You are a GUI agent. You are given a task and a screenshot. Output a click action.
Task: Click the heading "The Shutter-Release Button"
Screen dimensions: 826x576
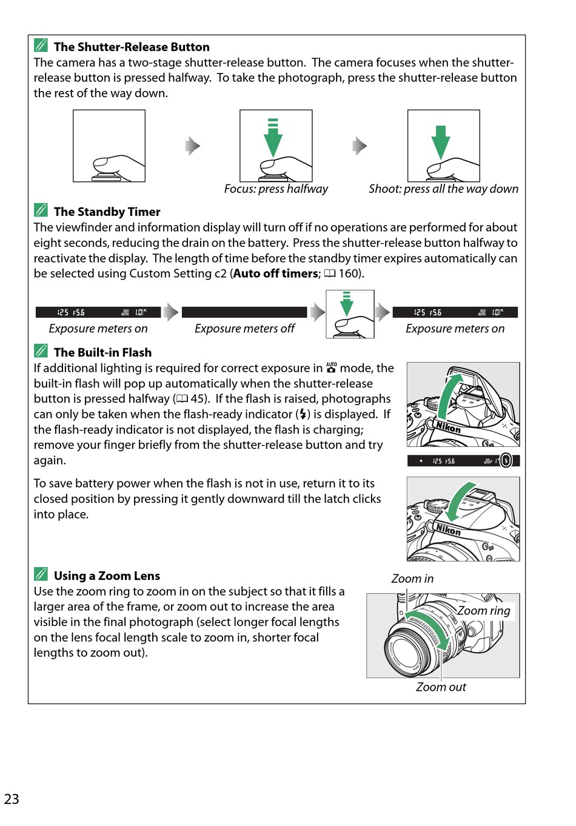132,47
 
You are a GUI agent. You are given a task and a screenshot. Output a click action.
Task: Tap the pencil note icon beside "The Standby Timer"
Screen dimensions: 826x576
41,210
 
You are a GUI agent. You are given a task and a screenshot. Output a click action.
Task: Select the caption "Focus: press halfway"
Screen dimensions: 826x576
276,189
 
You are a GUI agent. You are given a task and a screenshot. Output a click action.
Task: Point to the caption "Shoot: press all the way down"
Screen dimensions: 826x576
443,189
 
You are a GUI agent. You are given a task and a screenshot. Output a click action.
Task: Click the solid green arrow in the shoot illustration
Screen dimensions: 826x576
441,141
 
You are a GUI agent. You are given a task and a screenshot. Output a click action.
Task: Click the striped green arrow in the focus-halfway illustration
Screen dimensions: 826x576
273,138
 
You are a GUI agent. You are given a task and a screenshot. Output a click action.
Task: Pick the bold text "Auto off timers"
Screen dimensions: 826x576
276,274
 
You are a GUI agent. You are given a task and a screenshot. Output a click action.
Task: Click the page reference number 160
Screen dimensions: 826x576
349,274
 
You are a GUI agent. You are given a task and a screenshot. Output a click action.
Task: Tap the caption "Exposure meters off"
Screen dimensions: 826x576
244,328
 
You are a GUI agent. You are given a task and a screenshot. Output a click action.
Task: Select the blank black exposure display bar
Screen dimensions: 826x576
244,312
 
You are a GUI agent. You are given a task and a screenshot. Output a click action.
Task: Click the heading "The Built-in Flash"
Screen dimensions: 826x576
102,352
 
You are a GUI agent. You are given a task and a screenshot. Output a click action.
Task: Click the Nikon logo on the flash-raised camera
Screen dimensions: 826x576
449,427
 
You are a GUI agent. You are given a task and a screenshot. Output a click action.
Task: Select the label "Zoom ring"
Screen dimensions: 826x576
484,611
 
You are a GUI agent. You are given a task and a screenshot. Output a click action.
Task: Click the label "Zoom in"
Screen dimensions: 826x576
412,579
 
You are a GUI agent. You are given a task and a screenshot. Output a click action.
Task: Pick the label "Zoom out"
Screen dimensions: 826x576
441,687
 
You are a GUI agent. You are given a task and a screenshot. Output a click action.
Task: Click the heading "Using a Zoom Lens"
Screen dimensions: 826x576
107,576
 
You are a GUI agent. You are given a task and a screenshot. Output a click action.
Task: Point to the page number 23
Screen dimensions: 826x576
12,799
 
